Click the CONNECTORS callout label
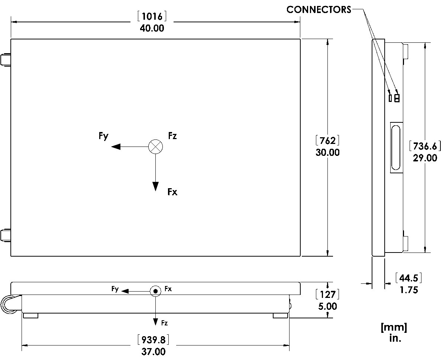click(x=319, y=10)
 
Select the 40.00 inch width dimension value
click(x=152, y=28)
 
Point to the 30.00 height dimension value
click(x=327, y=152)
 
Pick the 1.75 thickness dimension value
click(x=409, y=290)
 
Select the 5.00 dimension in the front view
click(x=327, y=306)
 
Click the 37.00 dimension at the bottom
click(x=153, y=351)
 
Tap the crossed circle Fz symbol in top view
click(x=155, y=147)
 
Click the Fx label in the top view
click(x=172, y=192)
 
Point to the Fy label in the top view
click(x=104, y=136)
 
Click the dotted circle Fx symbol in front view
click(x=155, y=291)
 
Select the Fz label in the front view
click(x=164, y=323)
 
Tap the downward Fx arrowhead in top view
click(x=155, y=186)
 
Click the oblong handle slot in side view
click(x=396, y=147)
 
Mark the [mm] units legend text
click(x=394, y=328)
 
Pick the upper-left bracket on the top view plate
click(x=6, y=60)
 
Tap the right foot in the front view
click(x=280, y=315)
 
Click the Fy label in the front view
click(x=115, y=289)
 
